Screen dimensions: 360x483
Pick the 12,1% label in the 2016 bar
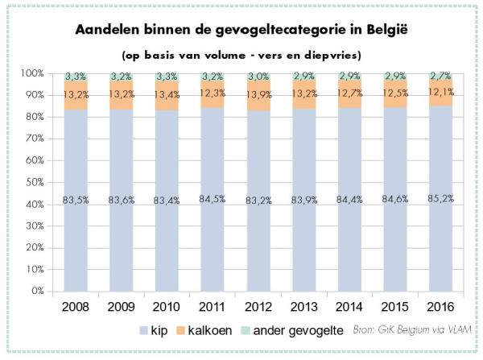441,92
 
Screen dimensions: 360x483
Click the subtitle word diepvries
332,56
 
